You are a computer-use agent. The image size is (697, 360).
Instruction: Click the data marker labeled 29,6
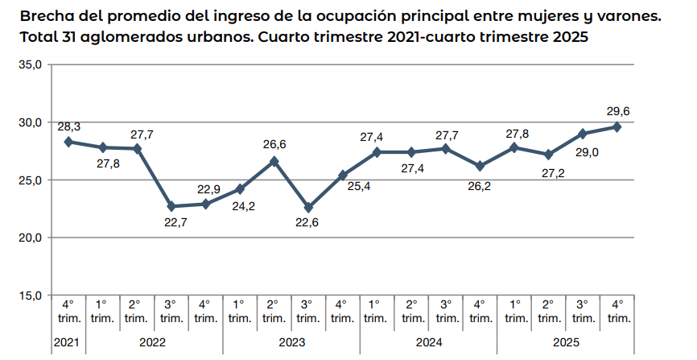click(x=617, y=126)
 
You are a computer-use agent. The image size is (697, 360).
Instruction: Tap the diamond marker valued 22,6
click(x=308, y=207)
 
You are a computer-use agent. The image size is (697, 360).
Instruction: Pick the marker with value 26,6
click(x=274, y=161)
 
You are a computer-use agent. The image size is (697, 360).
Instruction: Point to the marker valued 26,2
click(x=480, y=166)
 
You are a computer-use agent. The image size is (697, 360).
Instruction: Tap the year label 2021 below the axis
click(x=68, y=342)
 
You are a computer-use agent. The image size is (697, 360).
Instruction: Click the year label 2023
click(x=291, y=342)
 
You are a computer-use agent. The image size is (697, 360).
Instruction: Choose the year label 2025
click(x=565, y=342)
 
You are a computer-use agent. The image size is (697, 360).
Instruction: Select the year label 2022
click(x=154, y=342)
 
